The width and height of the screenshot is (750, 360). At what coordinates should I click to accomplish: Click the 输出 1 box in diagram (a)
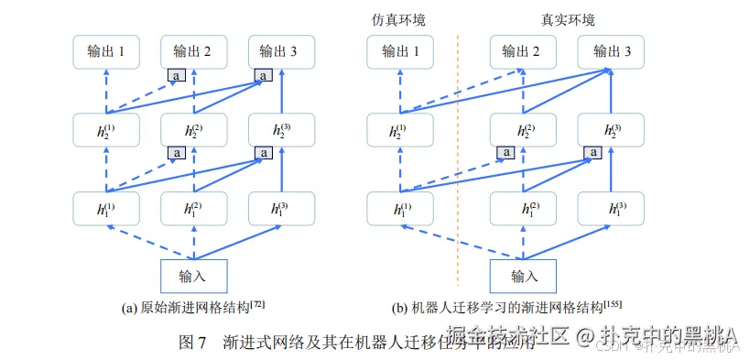[x=106, y=52]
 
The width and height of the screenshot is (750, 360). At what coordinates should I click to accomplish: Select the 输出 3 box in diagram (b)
[x=612, y=52]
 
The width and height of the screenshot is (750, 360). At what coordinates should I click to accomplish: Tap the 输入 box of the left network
[x=193, y=275]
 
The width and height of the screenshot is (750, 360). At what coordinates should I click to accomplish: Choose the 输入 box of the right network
[x=524, y=275]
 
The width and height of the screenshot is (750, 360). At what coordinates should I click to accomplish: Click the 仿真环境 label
[x=397, y=19]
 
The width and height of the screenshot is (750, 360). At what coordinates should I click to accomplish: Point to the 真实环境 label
[x=569, y=19]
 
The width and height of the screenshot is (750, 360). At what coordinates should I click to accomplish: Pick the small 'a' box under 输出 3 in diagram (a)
[x=264, y=75]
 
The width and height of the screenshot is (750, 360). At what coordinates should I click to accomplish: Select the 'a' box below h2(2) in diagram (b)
[x=505, y=152]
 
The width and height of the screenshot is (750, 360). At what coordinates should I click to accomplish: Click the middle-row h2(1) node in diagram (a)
[x=106, y=130]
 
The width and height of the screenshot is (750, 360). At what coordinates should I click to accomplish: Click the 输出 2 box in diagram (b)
[x=524, y=52]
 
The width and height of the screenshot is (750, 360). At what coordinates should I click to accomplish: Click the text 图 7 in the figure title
[x=192, y=343]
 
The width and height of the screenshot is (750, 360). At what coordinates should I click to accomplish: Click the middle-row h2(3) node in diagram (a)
[x=281, y=130]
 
